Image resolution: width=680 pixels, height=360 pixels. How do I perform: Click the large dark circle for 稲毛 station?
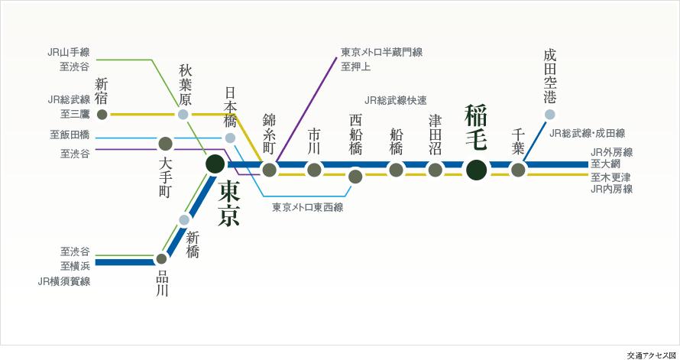point(476,170)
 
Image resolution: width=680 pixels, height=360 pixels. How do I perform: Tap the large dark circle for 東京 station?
point(215,163)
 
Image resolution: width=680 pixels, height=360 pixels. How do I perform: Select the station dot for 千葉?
point(518,170)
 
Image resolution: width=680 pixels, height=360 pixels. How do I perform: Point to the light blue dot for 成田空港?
point(550,115)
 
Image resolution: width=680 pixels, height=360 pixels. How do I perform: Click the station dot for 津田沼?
point(435,170)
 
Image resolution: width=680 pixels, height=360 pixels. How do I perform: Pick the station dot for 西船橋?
point(355,177)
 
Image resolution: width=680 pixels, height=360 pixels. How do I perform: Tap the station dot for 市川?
point(314,170)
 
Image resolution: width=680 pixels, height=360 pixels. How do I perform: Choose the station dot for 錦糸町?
point(269,170)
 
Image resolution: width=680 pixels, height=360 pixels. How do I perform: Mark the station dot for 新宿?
point(102,115)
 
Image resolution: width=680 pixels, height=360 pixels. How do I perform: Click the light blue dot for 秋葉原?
point(183,115)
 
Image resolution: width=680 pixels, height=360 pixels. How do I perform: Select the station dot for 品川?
point(161,258)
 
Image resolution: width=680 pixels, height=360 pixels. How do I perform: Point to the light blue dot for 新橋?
point(183,220)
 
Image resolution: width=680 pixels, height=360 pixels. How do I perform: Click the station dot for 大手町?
point(164,143)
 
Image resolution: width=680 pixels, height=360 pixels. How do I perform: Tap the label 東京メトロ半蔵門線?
point(381,52)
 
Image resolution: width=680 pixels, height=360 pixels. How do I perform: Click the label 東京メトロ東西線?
point(308,206)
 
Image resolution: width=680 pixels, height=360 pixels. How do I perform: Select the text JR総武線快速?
point(396,100)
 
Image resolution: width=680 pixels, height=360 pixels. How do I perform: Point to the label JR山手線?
point(68,52)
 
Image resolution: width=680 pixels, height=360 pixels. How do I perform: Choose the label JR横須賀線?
point(63,281)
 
